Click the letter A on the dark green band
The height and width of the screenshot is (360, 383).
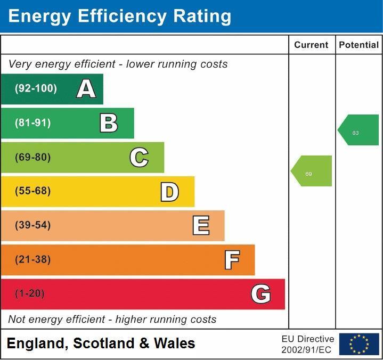pos(86,89)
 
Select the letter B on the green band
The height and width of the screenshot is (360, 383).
pos(109,123)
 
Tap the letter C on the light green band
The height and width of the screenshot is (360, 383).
pos(139,157)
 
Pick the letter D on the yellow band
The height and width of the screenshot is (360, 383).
pos(169,192)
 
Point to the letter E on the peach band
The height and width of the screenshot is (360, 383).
pos(200,226)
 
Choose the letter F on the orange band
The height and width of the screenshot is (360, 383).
pos(231,260)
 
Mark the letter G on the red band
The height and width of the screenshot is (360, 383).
pos(260,294)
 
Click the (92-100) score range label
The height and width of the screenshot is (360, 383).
pos(36,89)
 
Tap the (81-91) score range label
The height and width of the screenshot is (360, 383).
pos(33,123)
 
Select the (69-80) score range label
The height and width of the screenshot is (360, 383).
pos(33,157)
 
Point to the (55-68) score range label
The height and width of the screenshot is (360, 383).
pos(33,191)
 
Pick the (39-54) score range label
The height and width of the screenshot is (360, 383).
pos(33,225)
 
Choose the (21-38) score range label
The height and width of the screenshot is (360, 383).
pos(33,260)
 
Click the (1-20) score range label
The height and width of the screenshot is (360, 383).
pos(30,294)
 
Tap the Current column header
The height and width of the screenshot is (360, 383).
pos(311,45)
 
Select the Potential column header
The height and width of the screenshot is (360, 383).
pos(358,45)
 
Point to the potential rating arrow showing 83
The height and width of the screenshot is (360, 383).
pos(359,130)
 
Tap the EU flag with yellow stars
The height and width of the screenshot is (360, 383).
pos(359,344)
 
